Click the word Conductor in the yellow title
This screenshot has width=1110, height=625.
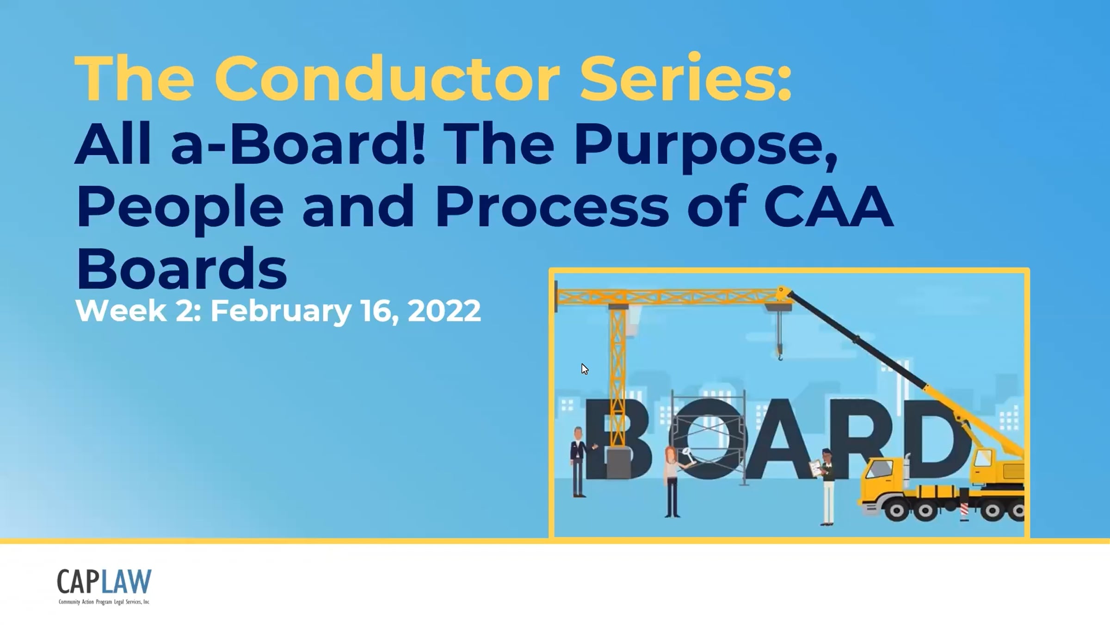[387, 77]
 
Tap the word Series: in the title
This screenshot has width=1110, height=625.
[686, 77]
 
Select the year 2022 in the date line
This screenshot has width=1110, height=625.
[444, 311]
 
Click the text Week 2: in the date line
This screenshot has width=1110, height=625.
[138, 311]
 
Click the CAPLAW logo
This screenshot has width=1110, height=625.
[104, 586]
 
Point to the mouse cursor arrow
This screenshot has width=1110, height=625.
[585, 369]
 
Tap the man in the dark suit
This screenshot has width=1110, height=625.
[579, 462]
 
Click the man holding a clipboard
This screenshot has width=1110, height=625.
[825, 486]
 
